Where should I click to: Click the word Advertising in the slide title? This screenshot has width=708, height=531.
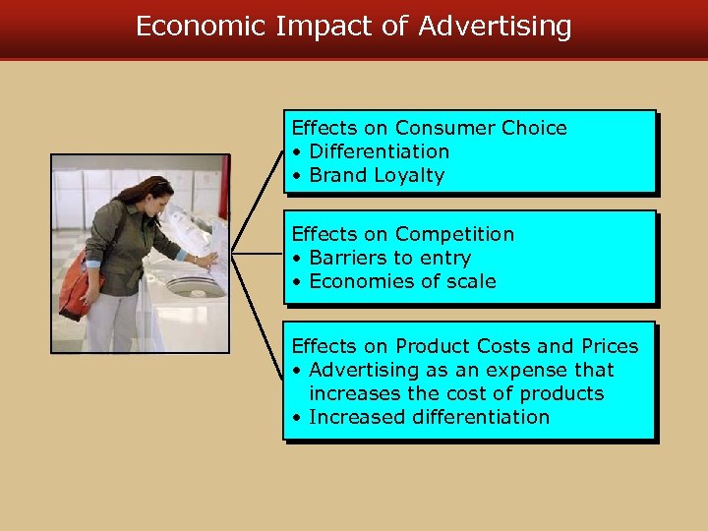pos(495,27)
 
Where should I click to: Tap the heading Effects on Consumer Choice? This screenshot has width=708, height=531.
pos(430,128)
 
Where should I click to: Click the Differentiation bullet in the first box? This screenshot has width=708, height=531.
pos(379,151)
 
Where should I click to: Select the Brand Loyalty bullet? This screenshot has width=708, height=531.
pos(377,175)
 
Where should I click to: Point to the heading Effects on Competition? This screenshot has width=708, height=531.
pos(403,234)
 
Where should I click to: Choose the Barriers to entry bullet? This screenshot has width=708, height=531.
pos(389,258)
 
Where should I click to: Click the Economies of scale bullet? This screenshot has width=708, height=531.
pos(402,281)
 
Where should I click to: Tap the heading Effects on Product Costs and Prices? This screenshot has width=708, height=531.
pos(465,346)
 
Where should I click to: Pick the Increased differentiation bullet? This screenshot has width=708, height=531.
pos(429,417)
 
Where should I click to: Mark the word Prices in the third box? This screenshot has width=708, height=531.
pos(610,346)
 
